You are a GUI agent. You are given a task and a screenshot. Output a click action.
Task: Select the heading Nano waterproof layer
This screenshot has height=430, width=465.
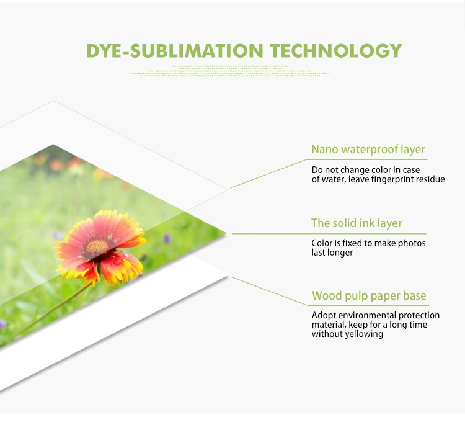pos(368,150)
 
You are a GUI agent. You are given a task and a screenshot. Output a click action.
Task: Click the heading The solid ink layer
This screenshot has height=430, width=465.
pos(356,223)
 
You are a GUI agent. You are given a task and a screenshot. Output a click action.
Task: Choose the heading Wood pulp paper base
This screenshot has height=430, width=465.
pos(369,296)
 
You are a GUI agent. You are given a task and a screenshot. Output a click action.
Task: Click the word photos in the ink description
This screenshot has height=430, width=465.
pos(413,243)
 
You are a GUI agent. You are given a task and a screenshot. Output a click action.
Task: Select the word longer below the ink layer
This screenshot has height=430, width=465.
pos(340,253)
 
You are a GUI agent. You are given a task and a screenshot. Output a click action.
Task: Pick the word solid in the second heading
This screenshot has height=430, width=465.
pos(345,223)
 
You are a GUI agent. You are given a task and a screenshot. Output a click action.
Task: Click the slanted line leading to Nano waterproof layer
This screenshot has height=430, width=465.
pos(270,174)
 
